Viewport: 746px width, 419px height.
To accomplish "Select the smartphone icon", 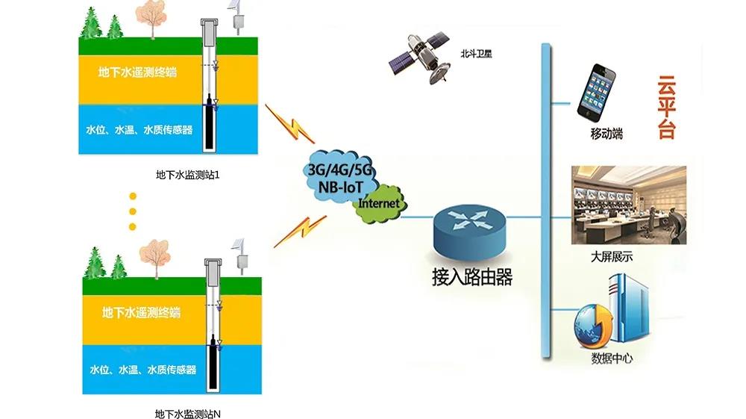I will pos(601,92).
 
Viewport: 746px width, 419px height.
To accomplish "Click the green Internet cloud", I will pos(381,204).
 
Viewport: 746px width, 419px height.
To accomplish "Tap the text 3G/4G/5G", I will pos(340,170).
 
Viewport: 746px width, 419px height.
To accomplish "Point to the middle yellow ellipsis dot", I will pos(134,211).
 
